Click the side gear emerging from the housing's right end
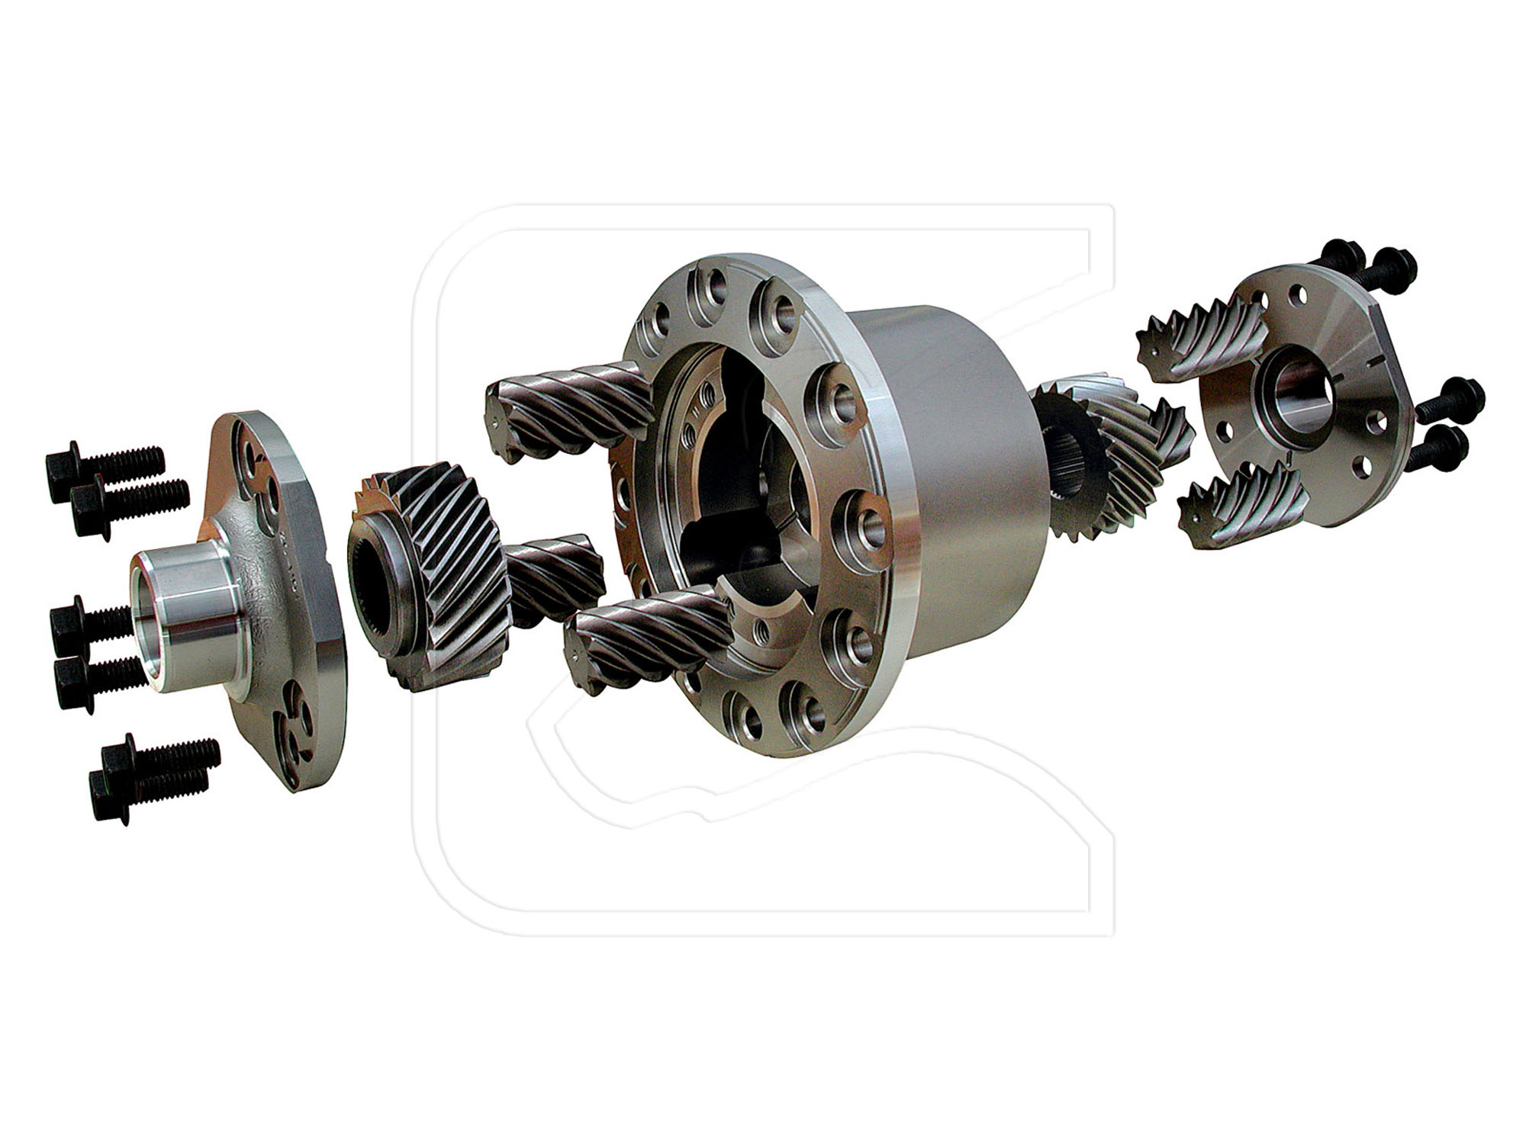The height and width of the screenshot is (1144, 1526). tap(1106, 458)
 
